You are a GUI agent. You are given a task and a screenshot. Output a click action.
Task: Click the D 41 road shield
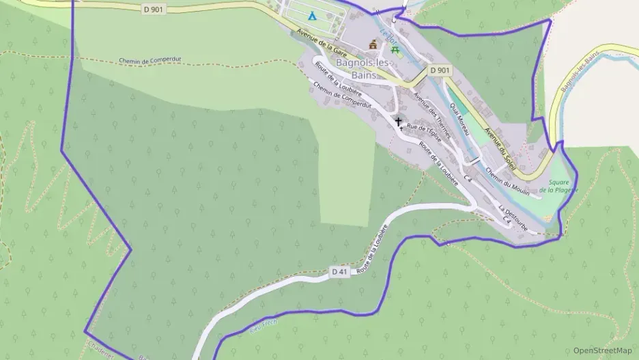(339, 272)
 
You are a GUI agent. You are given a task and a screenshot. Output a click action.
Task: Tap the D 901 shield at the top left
(154, 9)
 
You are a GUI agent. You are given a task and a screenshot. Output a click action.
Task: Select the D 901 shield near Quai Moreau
(440, 70)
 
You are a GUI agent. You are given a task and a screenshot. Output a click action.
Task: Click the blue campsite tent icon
(311, 15)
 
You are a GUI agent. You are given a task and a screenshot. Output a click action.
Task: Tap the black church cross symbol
(399, 121)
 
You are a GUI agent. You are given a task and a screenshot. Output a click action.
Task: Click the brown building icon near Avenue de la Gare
(373, 44)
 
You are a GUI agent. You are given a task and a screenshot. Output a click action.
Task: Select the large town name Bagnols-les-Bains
(364, 68)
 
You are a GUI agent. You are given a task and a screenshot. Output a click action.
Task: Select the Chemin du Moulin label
(509, 182)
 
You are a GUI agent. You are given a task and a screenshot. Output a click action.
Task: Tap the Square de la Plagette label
(558, 186)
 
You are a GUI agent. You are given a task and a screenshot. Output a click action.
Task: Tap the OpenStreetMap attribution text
(602, 350)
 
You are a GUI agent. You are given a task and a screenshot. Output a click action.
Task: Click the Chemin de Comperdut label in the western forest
(147, 60)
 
